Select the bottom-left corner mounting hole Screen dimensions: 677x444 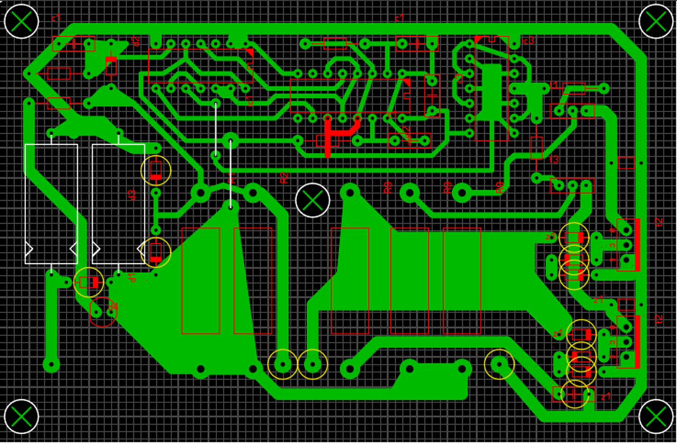(21, 417)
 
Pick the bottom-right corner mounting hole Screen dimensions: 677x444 (656, 417)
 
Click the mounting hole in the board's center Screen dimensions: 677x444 (313, 200)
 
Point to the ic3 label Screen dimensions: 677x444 (528, 41)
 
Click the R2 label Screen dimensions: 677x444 (284, 178)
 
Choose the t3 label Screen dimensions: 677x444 (554, 159)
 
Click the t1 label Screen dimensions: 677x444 (554, 85)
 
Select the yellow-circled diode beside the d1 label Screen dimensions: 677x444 (89, 283)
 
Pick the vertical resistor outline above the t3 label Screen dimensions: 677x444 (536, 148)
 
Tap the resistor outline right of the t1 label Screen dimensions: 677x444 (574, 89)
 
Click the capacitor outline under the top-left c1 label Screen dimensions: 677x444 (74, 43)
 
